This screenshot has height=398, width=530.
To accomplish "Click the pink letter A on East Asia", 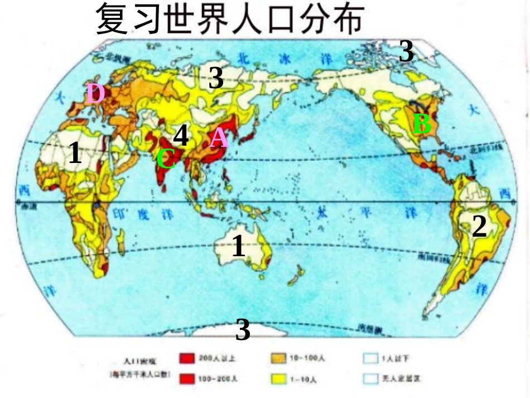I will (x=219, y=137).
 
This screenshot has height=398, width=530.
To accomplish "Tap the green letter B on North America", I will (x=422, y=124).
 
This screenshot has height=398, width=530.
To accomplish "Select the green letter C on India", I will (x=166, y=159).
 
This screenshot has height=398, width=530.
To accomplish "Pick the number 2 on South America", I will (x=479, y=227).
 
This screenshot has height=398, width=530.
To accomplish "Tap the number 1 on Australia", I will (x=238, y=246).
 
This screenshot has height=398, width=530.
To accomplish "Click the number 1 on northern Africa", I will (x=75, y=153).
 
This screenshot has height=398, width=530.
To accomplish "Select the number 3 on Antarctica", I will (x=243, y=330).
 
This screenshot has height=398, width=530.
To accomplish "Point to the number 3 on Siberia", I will (x=216, y=78).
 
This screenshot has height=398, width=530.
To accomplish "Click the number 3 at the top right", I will (x=406, y=52).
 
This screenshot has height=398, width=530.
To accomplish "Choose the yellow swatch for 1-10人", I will (x=278, y=379).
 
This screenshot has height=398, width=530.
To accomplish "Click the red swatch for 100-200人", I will (x=187, y=379).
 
